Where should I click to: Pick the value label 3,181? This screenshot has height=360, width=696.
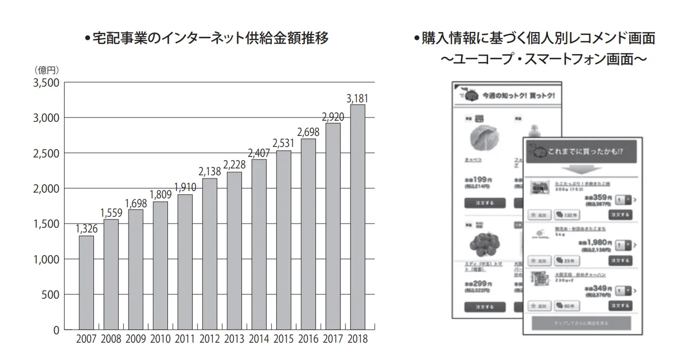pos(357,98)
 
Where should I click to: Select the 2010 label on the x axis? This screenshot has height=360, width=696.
pos(160,339)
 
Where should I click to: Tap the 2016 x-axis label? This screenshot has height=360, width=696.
pos(308,339)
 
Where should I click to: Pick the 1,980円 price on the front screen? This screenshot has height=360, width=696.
pos(595,242)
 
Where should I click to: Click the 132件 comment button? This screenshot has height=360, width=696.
pos(565,215)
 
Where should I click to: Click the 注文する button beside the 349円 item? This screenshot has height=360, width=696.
pos(620,305)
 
